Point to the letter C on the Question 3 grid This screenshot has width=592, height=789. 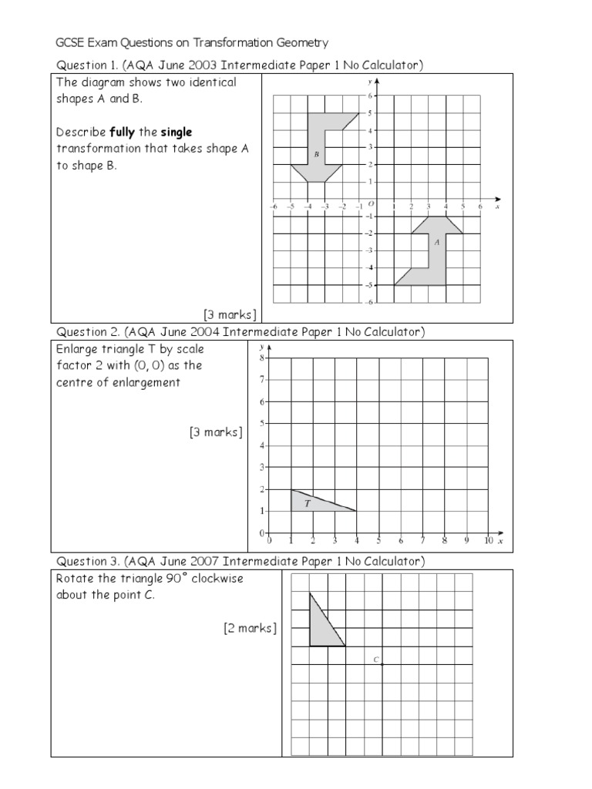375,660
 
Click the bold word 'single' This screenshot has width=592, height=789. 177,133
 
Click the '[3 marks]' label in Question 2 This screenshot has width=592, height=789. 216,432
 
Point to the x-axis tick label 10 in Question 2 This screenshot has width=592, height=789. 488,541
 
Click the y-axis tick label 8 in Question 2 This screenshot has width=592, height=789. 261,358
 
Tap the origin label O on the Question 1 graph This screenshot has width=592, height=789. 370,203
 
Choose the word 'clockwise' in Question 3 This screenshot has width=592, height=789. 217,579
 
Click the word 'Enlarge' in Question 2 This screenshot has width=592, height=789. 78,350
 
